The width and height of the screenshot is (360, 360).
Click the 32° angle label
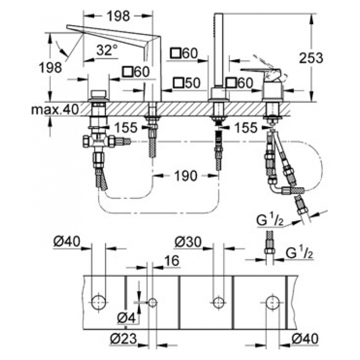106,50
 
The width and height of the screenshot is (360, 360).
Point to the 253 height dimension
311,58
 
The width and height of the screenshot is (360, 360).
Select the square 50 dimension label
187,83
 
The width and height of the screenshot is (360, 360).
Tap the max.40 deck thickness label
55,110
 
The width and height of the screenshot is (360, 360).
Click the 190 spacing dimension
186,176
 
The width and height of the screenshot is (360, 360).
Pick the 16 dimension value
171,261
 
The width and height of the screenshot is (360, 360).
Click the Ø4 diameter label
127,318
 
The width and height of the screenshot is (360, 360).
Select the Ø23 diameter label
123,338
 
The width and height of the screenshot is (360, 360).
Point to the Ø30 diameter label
188,242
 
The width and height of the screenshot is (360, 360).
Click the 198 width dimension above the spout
118,16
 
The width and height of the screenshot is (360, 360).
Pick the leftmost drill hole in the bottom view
99,302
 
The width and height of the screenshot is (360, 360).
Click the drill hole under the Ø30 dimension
219,302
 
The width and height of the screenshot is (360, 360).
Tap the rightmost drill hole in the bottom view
273,302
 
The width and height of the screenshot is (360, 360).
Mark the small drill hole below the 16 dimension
152,302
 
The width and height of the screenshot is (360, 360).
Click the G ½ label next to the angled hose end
270,220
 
